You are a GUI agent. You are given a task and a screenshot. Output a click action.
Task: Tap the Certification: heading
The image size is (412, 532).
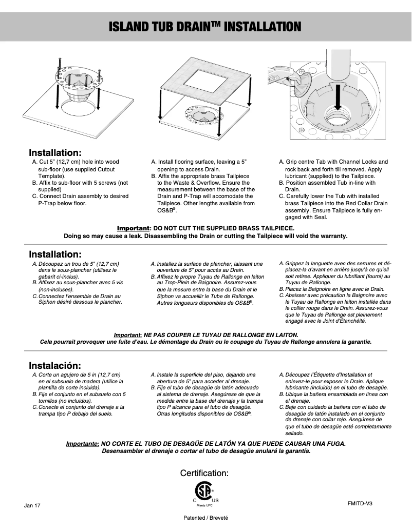[204, 473]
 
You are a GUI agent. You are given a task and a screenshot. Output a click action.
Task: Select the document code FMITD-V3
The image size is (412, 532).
[360, 503]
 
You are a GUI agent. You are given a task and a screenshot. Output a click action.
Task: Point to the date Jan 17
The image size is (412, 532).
[32, 506]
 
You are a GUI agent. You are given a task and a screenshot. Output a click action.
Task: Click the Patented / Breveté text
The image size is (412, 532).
[205, 518]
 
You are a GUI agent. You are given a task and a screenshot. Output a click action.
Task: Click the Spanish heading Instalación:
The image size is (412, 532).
[55, 366]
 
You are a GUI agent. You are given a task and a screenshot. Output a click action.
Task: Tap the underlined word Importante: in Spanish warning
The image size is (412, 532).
[82, 443]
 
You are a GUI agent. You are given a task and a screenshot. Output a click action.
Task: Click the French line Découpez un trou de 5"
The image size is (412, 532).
[78, 264]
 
